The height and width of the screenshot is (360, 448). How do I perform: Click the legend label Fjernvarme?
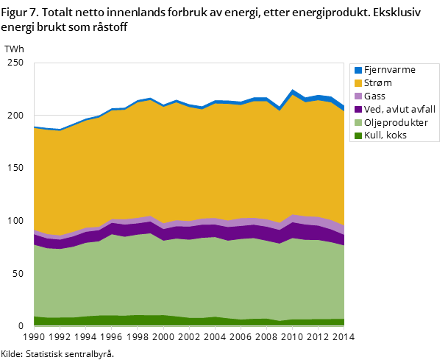coord(389,70)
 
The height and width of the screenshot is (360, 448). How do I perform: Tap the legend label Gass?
coord(374,96)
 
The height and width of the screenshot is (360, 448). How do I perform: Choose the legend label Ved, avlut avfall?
coord(399,109)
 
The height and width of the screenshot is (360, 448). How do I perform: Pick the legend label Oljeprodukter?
coord(396,122)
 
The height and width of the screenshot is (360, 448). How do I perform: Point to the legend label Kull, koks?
coord(385,135)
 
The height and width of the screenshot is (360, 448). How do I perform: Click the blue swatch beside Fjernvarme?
coord(358,70)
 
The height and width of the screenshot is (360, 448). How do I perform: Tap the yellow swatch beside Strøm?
coord(358,83)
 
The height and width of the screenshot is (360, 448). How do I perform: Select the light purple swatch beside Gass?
coord(358,96)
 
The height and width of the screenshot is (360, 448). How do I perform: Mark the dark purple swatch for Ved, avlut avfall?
coord(358,109)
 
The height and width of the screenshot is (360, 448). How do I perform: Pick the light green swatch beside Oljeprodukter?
coord(358,122)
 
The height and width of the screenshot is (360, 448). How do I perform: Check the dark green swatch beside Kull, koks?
coord(358,135)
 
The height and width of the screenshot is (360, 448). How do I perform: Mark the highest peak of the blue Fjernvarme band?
coord(293,92)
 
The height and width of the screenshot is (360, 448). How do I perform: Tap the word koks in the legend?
coord(396,135)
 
